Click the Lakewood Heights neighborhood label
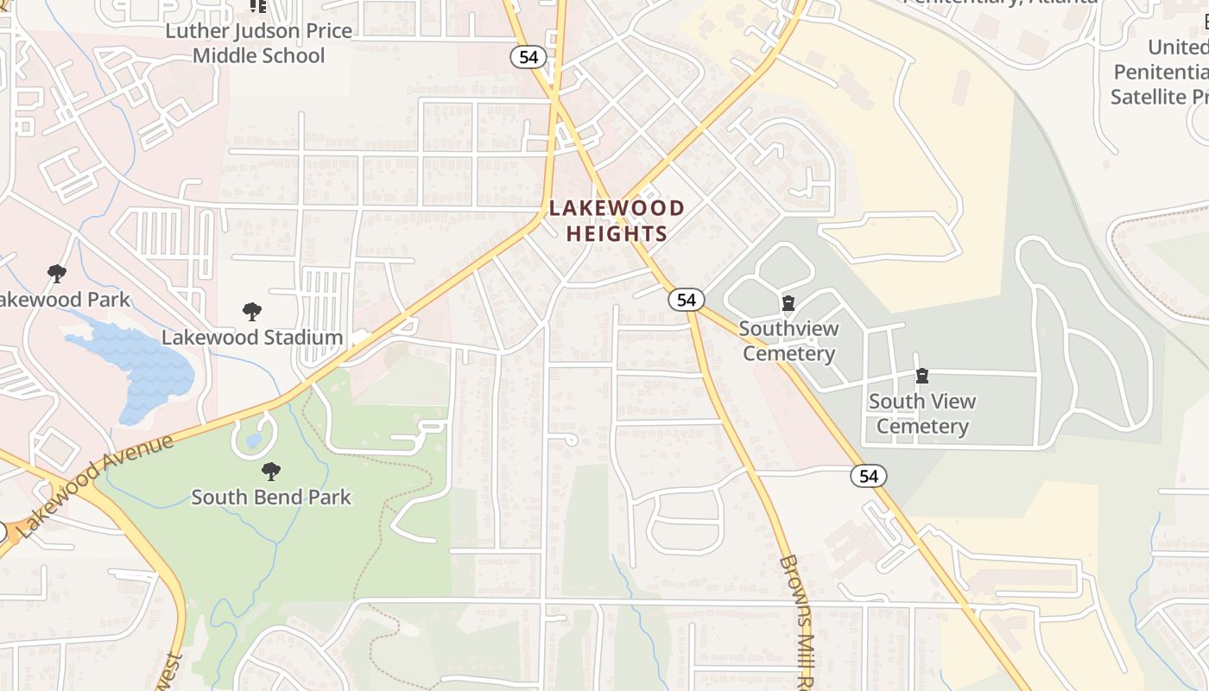pos(617,221)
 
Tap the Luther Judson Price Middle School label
pos(259,44)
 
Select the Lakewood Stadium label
pos(252,337)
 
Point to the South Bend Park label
pos(271,497)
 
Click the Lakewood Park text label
pos(64,300)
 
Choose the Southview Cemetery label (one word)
pos(788,341)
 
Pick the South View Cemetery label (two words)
pos(922,414)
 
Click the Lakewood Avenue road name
pos(95,486)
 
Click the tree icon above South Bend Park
pos(271,472)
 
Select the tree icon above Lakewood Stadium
pos(252,312)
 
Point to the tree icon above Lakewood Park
pos(57,275)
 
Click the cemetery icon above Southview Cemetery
pos(788,303)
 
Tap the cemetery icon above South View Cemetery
pos(922,376)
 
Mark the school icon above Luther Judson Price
pos(257,6)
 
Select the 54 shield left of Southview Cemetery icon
pos(686,300)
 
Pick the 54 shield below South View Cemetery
pos(869,476)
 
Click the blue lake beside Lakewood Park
pos(138,367)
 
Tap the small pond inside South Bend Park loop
pos(252,441)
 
